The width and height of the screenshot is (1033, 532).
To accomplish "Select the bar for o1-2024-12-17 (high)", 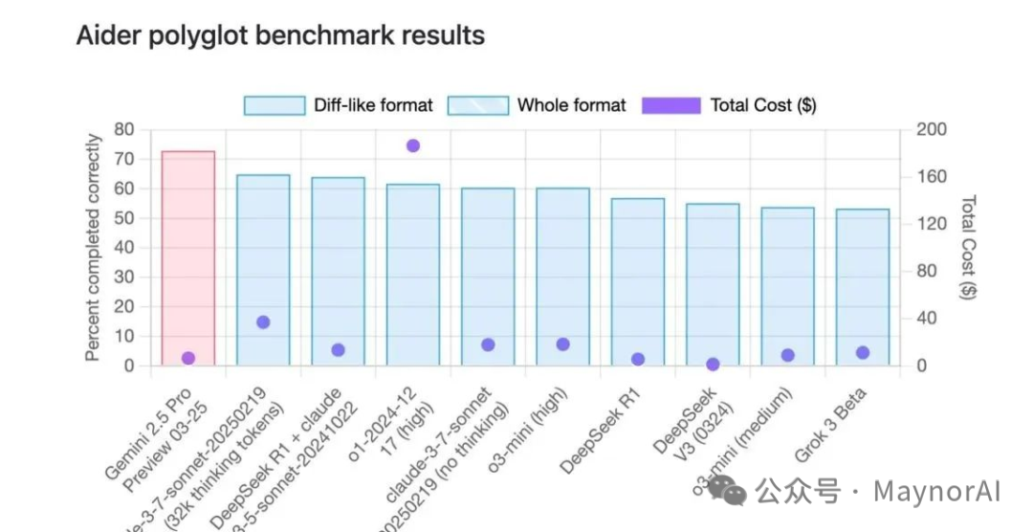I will pos(413,277).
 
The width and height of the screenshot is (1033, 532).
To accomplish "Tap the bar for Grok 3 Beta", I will pos(863,287).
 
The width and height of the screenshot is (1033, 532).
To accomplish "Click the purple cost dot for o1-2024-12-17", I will pos(413,145).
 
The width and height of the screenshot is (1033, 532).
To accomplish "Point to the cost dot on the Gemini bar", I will pos(188,358).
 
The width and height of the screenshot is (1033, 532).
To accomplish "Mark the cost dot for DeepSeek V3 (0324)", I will pos(713,365).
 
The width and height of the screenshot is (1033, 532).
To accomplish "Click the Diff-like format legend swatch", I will pos(274,105).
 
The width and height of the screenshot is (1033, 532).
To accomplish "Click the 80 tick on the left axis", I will pos(124,129).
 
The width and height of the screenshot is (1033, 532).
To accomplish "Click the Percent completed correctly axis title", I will pos(93,247).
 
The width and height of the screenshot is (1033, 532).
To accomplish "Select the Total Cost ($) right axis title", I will pos(968,247).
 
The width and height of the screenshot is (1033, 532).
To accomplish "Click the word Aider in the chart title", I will pos(106,35).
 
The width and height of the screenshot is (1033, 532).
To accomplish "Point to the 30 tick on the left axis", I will pos(124,277).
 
